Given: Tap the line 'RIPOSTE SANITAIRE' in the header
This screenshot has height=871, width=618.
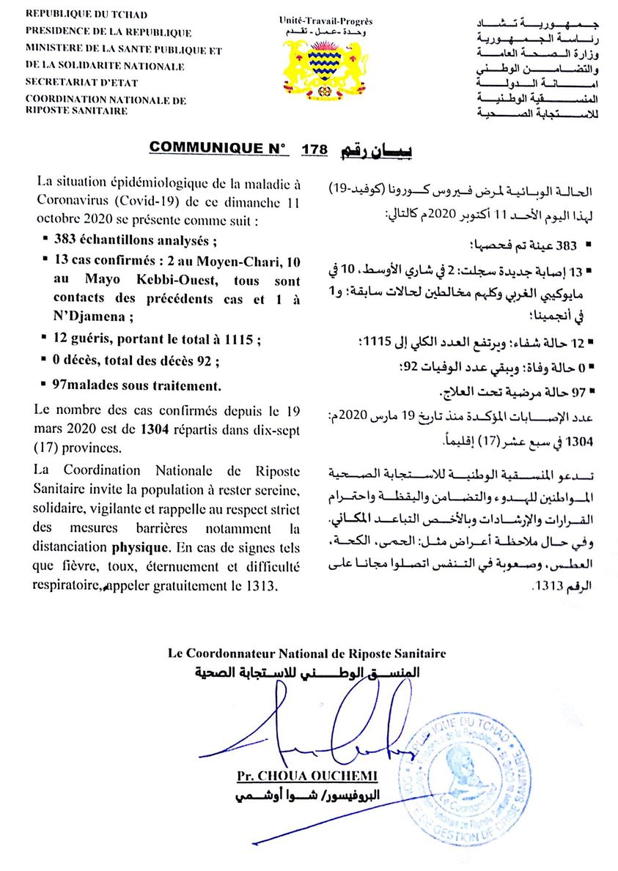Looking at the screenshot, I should (76, 111).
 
